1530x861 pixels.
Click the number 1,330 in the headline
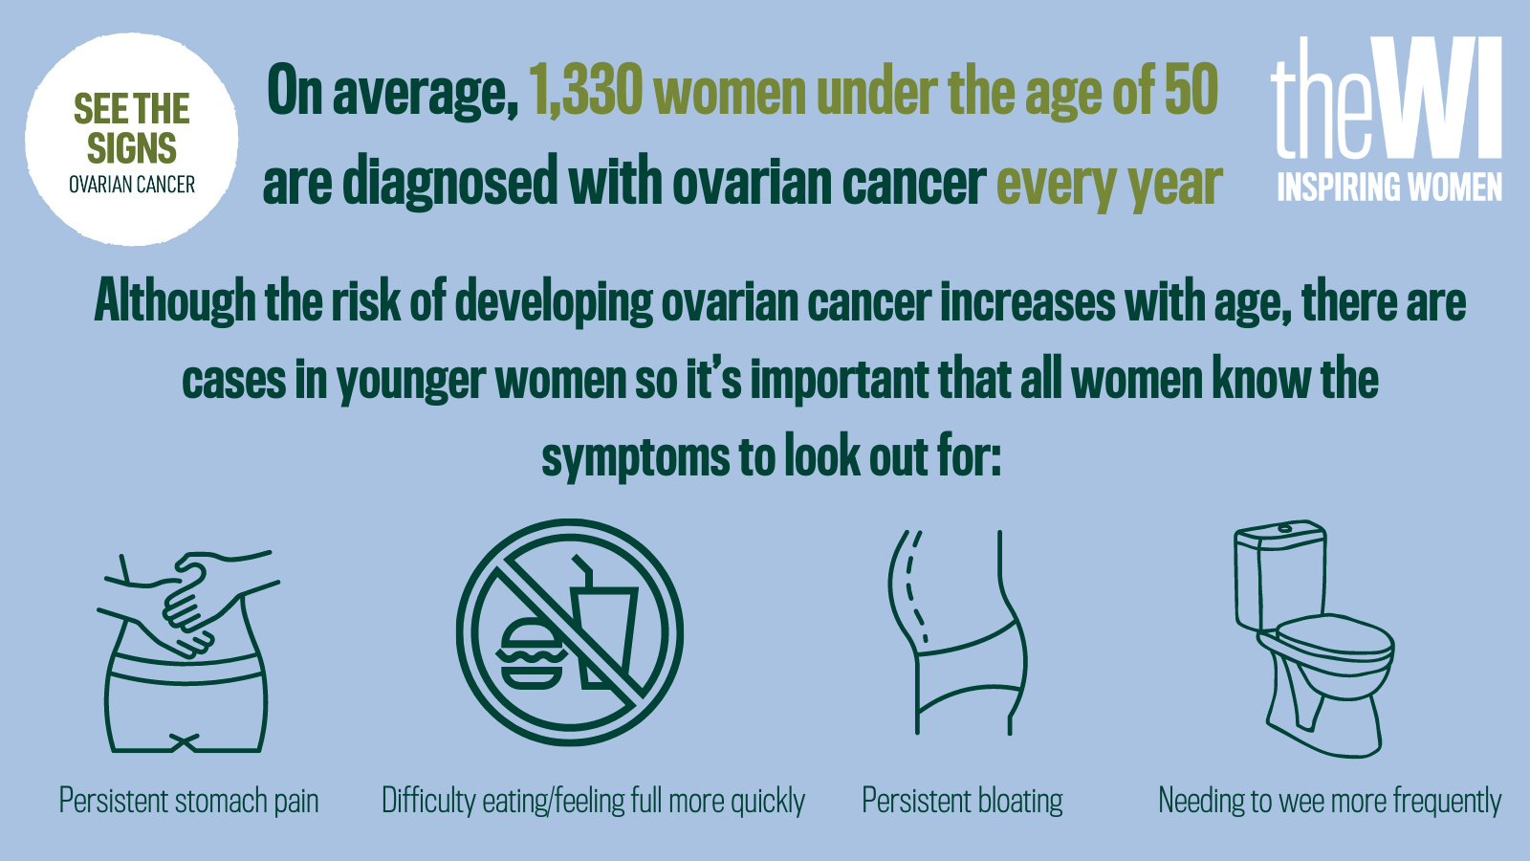coord(585,90)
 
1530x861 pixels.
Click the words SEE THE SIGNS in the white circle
coord(132,128)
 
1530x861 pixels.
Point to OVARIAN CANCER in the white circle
coord(132,185)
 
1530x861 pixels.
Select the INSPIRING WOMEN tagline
coord(1389,187)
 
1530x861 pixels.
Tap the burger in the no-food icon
coord(532,653)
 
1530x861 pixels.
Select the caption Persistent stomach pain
coord(188,801)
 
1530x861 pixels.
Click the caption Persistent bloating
coord(962,801)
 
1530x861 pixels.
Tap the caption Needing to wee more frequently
coord(1330,801)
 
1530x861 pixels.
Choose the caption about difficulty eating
coord(593,801)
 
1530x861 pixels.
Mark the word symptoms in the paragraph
coord(636,457)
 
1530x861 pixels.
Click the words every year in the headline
coord(1109,183)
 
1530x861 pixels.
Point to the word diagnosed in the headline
coord(450,182)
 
